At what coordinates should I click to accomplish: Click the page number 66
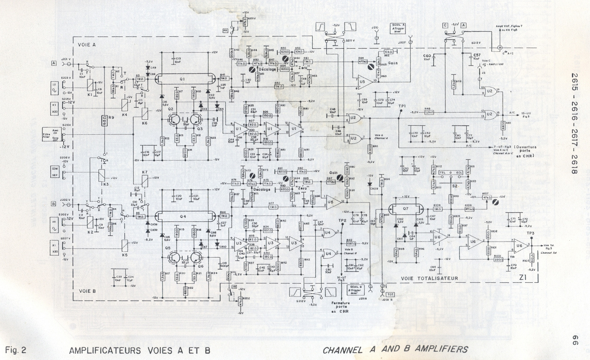pyautogui.click(x=574, y=340)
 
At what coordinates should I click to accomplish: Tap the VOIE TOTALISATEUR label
pyautogui.click(x=429, y=278)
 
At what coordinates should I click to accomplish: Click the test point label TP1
pyautogui.click(x=402, y=106)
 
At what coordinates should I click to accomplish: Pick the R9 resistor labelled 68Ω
pyautogui.click(x=105, y=119)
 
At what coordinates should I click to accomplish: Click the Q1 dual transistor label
pyautogui.click(x=182, y=79)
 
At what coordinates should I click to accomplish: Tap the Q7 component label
pyautogui.click(x=406, y=209)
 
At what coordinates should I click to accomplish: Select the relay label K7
pyautogui.click(x=144, y=172)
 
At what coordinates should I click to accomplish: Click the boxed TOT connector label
pyautogui.click(x=390, y=295)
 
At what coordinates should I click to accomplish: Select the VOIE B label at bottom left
pyautogui.click(x=87, y=291)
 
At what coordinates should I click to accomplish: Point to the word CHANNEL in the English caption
pyautogui.click(x=342, y=350)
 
